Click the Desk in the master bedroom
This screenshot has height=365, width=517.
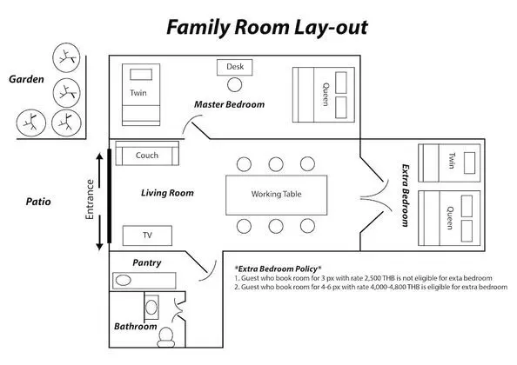click(x=234, y=67)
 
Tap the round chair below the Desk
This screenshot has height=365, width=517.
click(x=234, y=84)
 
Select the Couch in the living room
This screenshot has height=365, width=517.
click(x=147, y=153)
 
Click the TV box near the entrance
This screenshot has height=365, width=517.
click(x=147, y=236)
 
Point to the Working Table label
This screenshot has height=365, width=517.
click(x=276, y=194)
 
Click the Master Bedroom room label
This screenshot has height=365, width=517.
click(x=230, y=104)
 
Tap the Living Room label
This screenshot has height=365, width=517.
click(x=167, y=193)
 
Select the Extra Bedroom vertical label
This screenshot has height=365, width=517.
click(x=406, y=196)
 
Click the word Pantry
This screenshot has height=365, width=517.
click(x=147, y=262)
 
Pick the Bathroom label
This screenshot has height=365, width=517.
click(x=136, y=327)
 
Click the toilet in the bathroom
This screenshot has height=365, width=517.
click(x=166, y=337)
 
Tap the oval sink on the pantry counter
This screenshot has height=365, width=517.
click(x=123, y=281)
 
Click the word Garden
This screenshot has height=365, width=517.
click(x=26, y=79)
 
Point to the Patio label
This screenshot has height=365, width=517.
click(x=38, y=202)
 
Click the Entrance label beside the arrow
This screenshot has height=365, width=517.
click(x=90, y=200)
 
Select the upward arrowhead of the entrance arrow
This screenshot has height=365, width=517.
click(x=99, y=156)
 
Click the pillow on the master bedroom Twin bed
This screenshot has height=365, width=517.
click(x=141, y=75)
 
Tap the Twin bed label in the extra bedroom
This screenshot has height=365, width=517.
click(x=452, y=161)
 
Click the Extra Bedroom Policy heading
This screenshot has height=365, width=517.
click(x=278, y=269)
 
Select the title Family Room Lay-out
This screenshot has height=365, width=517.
click(x=267, y=27)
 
